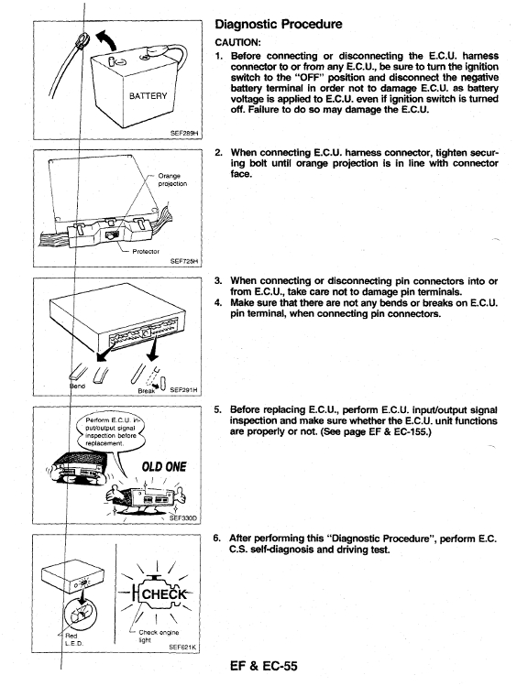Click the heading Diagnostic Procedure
pos(279,24)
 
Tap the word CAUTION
pos(236,42)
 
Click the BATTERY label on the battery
pos(148,96)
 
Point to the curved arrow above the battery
pos(106,40)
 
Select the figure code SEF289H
pos(185,134)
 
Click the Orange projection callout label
pos(172,180)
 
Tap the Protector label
pos(146,252)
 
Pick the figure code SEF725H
pos(184,261)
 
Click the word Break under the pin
pos(147,391)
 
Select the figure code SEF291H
pos(183,389)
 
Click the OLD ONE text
pos(164,467)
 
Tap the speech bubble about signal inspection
pos(110,432)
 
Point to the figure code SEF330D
pos(183,518)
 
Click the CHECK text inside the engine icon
pos(164,594)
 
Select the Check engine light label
pos(159,637)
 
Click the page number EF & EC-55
pos(263,666)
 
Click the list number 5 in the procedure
pos(217,410)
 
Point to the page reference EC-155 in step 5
pos(411,431)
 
